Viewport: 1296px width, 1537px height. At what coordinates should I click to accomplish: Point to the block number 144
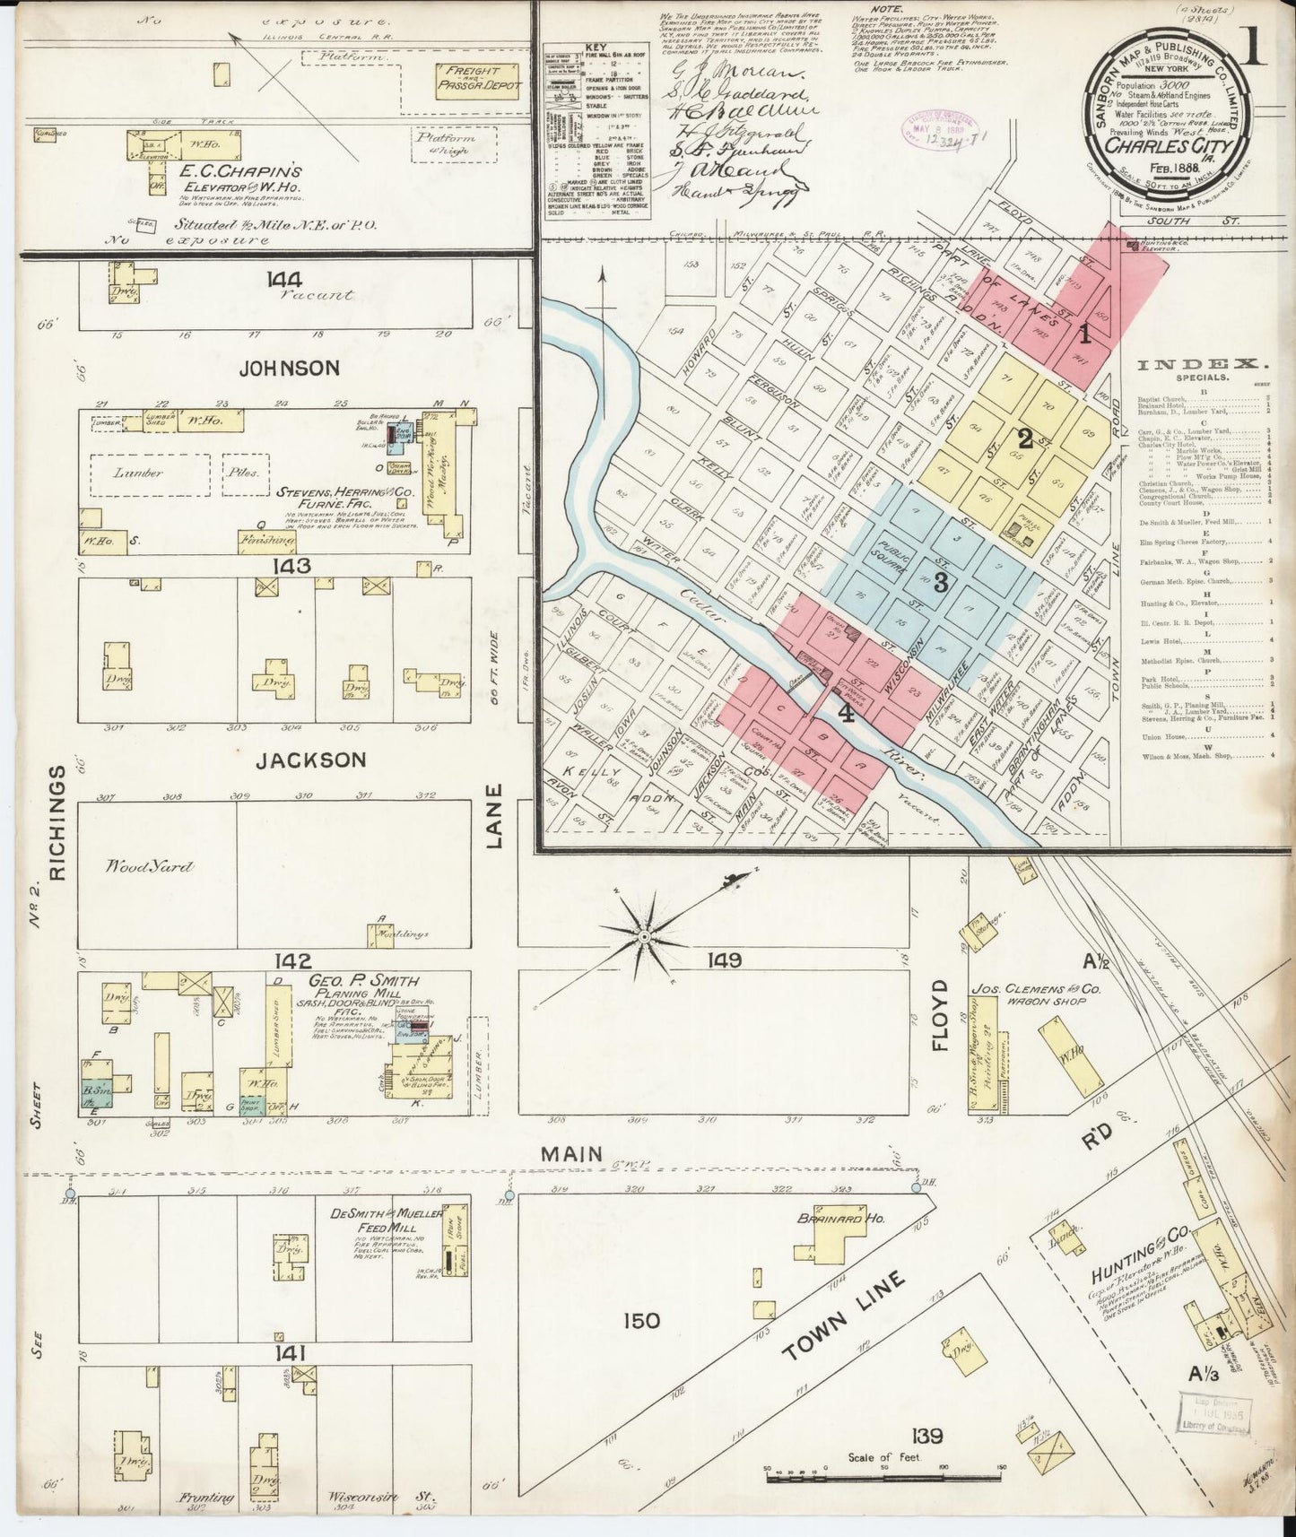(283, 280)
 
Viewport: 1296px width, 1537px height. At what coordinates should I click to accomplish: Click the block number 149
(724, 960)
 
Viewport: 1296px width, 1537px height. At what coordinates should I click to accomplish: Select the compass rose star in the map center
(644, 937)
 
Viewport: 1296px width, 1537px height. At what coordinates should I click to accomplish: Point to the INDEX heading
(1203, 364)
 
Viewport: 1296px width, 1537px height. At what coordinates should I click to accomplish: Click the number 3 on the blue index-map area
(941, 584)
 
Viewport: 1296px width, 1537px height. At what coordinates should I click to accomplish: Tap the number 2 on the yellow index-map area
(1024, 439)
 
